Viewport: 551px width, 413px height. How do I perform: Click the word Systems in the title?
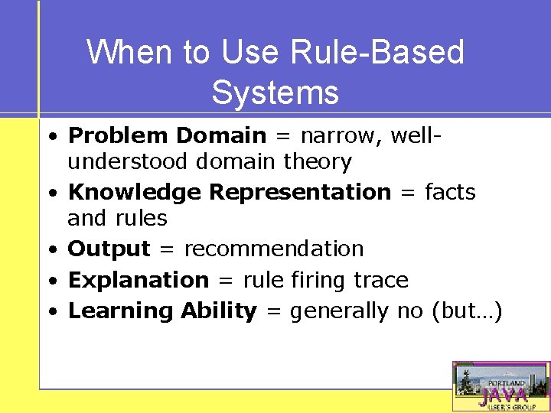275,93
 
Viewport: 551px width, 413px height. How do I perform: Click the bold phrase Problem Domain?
167,136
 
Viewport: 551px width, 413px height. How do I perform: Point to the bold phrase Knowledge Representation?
229,192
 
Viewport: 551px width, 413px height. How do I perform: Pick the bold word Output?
109,249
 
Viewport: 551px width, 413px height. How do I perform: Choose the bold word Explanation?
138,280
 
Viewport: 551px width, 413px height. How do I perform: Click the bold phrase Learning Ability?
162,311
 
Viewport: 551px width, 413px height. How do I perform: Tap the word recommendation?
273,249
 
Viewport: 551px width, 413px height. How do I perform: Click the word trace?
381,280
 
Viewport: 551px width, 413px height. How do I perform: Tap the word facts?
449,192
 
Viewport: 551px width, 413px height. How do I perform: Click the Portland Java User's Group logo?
500,386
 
